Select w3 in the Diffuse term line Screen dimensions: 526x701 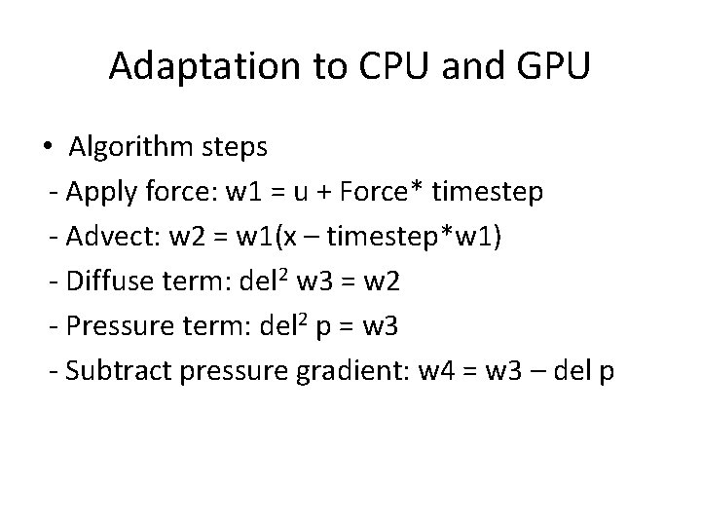[314, 282]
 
